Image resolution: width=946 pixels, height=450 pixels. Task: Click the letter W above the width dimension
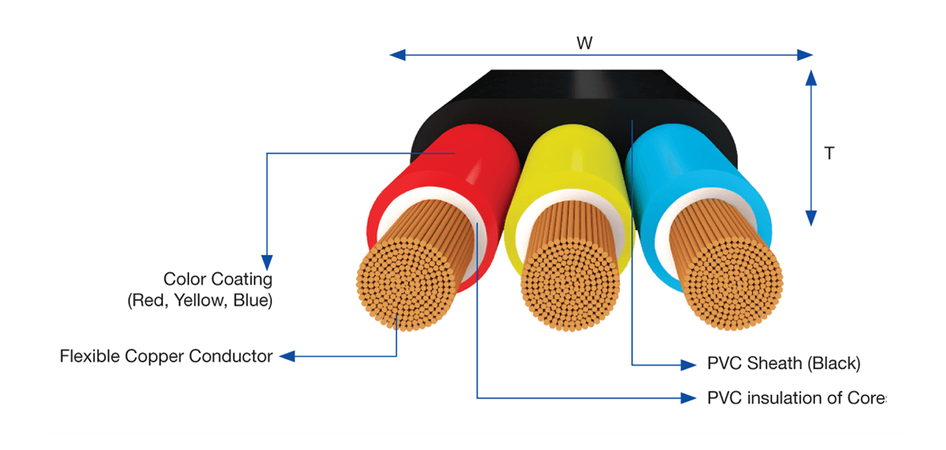click(x=584, y=43)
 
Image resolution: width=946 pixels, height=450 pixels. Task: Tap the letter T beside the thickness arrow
click(x=829, y=153)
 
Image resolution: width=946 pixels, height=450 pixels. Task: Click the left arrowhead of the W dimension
click(x=397, y=55)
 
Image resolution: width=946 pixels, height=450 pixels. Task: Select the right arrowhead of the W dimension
click(x=805, y=55)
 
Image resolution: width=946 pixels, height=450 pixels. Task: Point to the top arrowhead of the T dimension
click(x=811, y=78)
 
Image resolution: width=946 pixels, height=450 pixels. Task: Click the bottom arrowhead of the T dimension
click(x=811, y=218)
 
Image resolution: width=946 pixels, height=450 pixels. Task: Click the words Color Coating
click(x=218, y=279)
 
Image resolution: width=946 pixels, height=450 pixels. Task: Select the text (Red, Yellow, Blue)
click(x=200, y=301)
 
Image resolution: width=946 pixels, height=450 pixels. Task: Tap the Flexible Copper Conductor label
click(x=166, y=356)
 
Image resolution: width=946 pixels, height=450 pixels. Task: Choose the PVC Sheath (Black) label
click(x=784, y=363)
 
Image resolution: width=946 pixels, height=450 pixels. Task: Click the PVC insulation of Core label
click(x=796, y=398)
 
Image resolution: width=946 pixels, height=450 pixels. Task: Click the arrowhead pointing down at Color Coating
click(x=267, y=263)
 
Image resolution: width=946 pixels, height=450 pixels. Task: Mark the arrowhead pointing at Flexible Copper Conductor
click(x=287, y=356)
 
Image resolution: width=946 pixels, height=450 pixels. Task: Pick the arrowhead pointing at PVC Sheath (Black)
click(x=688, y=365)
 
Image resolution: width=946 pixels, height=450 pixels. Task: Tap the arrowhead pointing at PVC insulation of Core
click(x=688, y=398)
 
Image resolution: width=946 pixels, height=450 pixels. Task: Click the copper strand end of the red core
click(x=406, y=284)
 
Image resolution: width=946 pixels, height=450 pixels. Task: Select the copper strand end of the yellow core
click(x=570, y=284)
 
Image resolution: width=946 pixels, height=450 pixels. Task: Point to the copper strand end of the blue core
click(x=733, y=284)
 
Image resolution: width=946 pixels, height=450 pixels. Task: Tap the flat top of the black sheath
click(x=576, y=84)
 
